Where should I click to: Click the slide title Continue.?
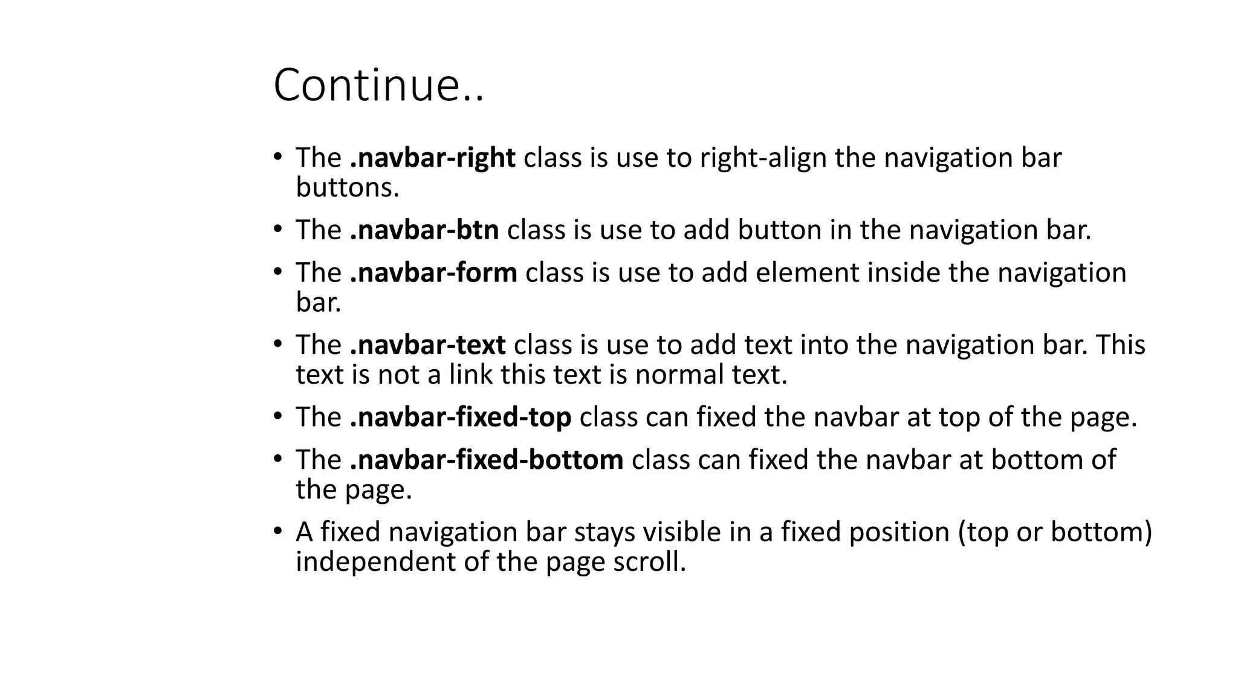click(378, 85)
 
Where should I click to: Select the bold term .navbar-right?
click(432, 158)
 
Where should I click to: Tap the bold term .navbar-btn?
click(424, 230)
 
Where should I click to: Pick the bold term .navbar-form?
click(433, 272)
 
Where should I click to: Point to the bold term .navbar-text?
click(427, 345)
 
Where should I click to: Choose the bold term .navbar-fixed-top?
click(461, 417)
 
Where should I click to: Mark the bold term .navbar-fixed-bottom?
click(487, 460)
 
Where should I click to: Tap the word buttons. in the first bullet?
click(348, 188)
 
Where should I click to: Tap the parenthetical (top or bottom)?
click(1055, 532)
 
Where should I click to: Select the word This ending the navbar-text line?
click(1120, 345)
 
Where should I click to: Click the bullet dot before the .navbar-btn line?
click(277, 230)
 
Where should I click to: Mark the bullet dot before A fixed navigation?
click(277, 532)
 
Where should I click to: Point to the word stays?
click(604, 532)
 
